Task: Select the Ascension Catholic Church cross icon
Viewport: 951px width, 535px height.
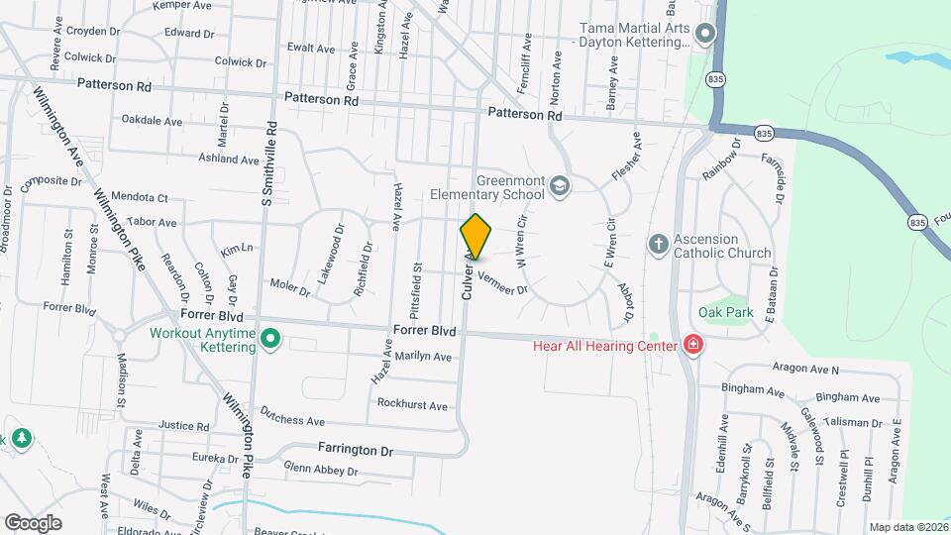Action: point(658,244)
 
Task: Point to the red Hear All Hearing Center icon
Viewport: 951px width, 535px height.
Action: point(694,345)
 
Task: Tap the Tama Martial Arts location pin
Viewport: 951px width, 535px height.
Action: point(705,35)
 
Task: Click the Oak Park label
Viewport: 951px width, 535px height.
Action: point(726,313)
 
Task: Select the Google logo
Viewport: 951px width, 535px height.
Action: point(33,522)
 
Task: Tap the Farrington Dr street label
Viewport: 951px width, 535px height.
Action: point(355,450)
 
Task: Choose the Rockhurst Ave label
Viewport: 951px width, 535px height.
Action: point(412,404)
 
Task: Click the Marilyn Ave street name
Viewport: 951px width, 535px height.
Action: point(423,357)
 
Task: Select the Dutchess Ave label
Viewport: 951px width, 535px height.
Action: point(292,420)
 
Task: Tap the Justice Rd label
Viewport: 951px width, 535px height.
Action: point(184,426)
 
